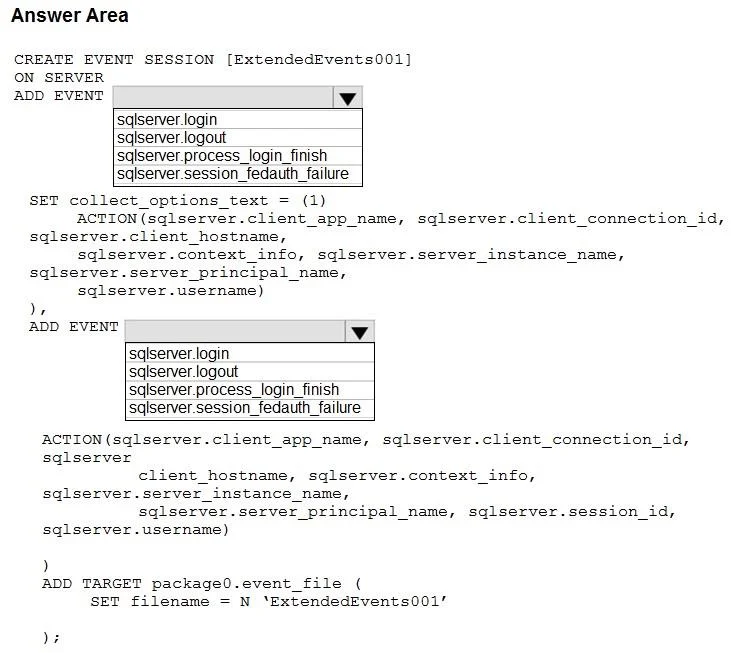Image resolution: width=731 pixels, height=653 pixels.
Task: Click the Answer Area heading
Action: (70, 15)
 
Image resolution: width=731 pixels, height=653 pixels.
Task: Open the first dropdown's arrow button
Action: (348, 98)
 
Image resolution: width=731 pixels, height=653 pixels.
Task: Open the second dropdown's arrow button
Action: (360, 332)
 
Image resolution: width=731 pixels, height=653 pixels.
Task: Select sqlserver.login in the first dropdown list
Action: (167, 119)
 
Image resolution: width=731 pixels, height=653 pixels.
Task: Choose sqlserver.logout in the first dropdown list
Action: (171, 137)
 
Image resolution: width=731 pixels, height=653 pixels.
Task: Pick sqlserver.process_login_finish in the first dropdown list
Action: (222, 156)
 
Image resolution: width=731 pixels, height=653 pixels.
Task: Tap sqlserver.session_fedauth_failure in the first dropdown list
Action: (233, 174)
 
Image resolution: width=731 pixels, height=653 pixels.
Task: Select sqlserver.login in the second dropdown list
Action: (179, 353)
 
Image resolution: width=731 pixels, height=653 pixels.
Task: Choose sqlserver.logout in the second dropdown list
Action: (183, 371)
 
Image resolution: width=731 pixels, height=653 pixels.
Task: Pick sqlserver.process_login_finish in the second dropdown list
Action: (234, 390)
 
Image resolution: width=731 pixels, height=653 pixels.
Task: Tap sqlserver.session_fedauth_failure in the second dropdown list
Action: (245, 408)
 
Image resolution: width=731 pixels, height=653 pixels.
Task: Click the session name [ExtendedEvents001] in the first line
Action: (319, 60)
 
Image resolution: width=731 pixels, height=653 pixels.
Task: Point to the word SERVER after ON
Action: (74, 77)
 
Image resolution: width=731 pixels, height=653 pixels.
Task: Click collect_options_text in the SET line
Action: (169, 201)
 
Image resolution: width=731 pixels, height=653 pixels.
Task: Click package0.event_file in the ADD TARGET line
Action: (246, 584)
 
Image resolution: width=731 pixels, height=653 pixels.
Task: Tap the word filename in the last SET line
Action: (170, 601)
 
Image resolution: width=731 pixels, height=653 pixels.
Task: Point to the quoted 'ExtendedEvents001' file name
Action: (354, 601)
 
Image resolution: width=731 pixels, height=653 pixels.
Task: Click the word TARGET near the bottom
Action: (112, 584)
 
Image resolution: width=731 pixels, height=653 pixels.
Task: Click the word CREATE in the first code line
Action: (44, 60)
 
